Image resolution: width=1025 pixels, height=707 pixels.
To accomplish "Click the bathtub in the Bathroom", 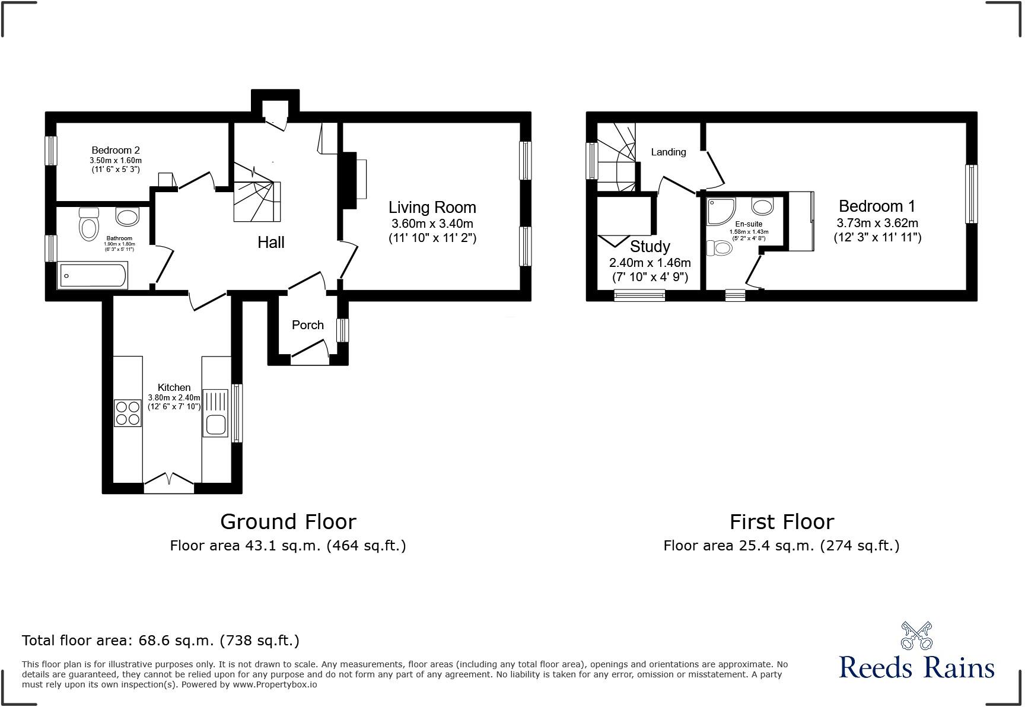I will pos(92,276).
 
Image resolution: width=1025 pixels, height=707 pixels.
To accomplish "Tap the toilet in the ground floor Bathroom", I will pos(89,225).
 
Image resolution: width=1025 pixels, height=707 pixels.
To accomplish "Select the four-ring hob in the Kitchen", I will pos(128,413).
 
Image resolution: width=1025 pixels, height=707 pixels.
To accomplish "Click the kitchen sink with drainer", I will pos(215,413).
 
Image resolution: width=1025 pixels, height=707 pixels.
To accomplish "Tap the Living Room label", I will pos(432,208).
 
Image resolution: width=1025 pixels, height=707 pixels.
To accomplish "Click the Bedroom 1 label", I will pos(877,206).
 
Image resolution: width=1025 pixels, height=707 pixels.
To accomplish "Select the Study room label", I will pos(650,246).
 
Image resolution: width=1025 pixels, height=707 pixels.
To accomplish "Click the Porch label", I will pos(307,325).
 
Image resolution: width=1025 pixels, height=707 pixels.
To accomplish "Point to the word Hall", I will pos(270,242).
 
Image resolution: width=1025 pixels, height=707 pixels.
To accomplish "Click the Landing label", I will pos(668,152).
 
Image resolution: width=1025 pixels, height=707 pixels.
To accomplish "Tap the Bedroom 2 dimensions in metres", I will pos(116,161).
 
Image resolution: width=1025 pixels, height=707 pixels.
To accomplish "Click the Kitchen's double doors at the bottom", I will pos(169,482).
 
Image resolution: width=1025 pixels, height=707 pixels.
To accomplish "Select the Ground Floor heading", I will pos(288,522).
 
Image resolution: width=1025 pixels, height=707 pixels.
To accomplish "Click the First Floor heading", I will pos(781,522).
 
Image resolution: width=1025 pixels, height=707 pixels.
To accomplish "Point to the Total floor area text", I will pos(160,641).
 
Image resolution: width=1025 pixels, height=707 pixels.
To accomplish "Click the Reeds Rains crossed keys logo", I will pos(916,635).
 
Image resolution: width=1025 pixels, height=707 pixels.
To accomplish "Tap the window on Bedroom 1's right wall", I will pos(971,194).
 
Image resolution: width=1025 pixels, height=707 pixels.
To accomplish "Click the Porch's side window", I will pos(342,330).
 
